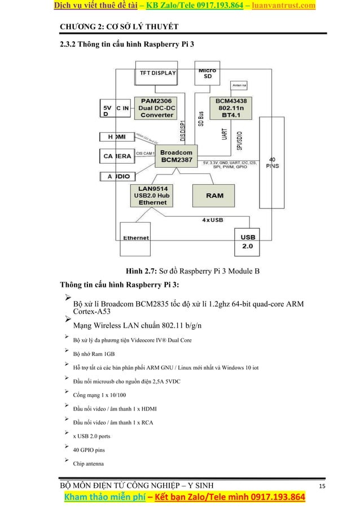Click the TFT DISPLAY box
[x=155, y=73]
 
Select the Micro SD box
[x=207, y=73]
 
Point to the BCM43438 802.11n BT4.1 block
[x=230, y=107]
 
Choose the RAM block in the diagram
[x=214, y=195]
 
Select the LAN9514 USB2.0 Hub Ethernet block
[x=150, y=195]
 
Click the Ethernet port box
[x=137, y=238]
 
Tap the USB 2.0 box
[x=248, y=242]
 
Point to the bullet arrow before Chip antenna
[x=67, y=461]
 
